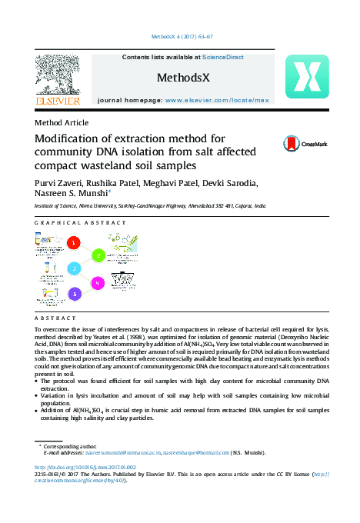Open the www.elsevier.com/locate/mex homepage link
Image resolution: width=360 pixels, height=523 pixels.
(x=217, y=101)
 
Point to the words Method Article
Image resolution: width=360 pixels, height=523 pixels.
(x=62, y=122)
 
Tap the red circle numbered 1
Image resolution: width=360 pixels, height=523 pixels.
(x=74, y=243)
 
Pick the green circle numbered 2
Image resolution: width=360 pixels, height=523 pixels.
(x=98, y=255)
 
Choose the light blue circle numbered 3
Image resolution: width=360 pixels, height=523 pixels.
(x=75, y=268)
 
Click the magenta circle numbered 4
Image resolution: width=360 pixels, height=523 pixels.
(x=98, y=283)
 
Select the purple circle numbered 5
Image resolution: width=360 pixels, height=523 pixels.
(x=74, y=294)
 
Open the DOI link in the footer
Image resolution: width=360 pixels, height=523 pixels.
(x=85, y=467)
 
